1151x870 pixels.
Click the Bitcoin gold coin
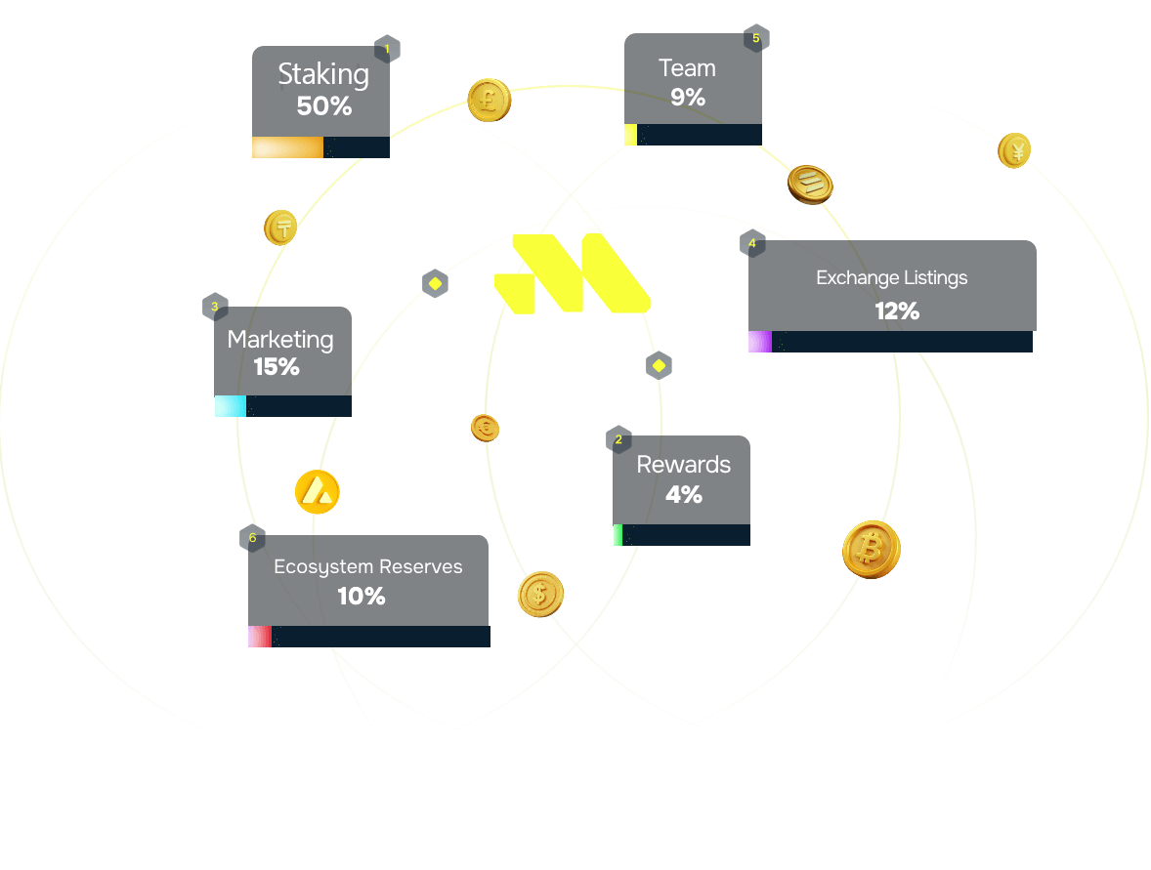tap(871, 550)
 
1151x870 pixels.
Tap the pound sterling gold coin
tap(489, 100)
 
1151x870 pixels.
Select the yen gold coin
tap(1014, 151)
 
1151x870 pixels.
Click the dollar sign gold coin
tap(540, 594)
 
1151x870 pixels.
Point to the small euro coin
tap(486, 427)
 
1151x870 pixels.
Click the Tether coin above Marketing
tap(281, 228)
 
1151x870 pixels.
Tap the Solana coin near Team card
tap(810, 184)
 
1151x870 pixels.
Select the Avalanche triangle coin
tap(317, 492)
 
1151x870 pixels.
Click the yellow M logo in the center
tap(572, 274)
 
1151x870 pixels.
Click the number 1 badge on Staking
tap(387, 49)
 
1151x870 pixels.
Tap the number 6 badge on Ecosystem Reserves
tap(252, 538)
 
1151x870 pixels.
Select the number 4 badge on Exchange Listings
tap(751, 243)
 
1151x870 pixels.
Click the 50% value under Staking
tap(323, 105)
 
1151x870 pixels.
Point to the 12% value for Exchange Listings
tap(896, 311)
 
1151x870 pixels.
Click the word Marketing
tap(280, 340)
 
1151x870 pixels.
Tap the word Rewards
tap(683, 465)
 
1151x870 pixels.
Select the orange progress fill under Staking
tap(287, 147)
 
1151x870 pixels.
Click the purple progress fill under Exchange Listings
tap(759, 342)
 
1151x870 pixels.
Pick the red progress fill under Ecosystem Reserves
tap(259, 637)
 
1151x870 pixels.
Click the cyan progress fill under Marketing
tap(231, 406)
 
